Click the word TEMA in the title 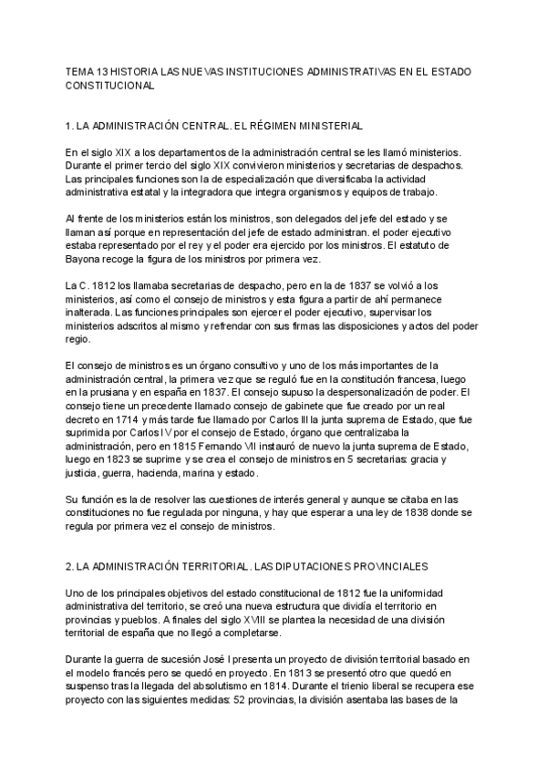click(x=80, y=71)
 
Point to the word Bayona click(x=87, y=260)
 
